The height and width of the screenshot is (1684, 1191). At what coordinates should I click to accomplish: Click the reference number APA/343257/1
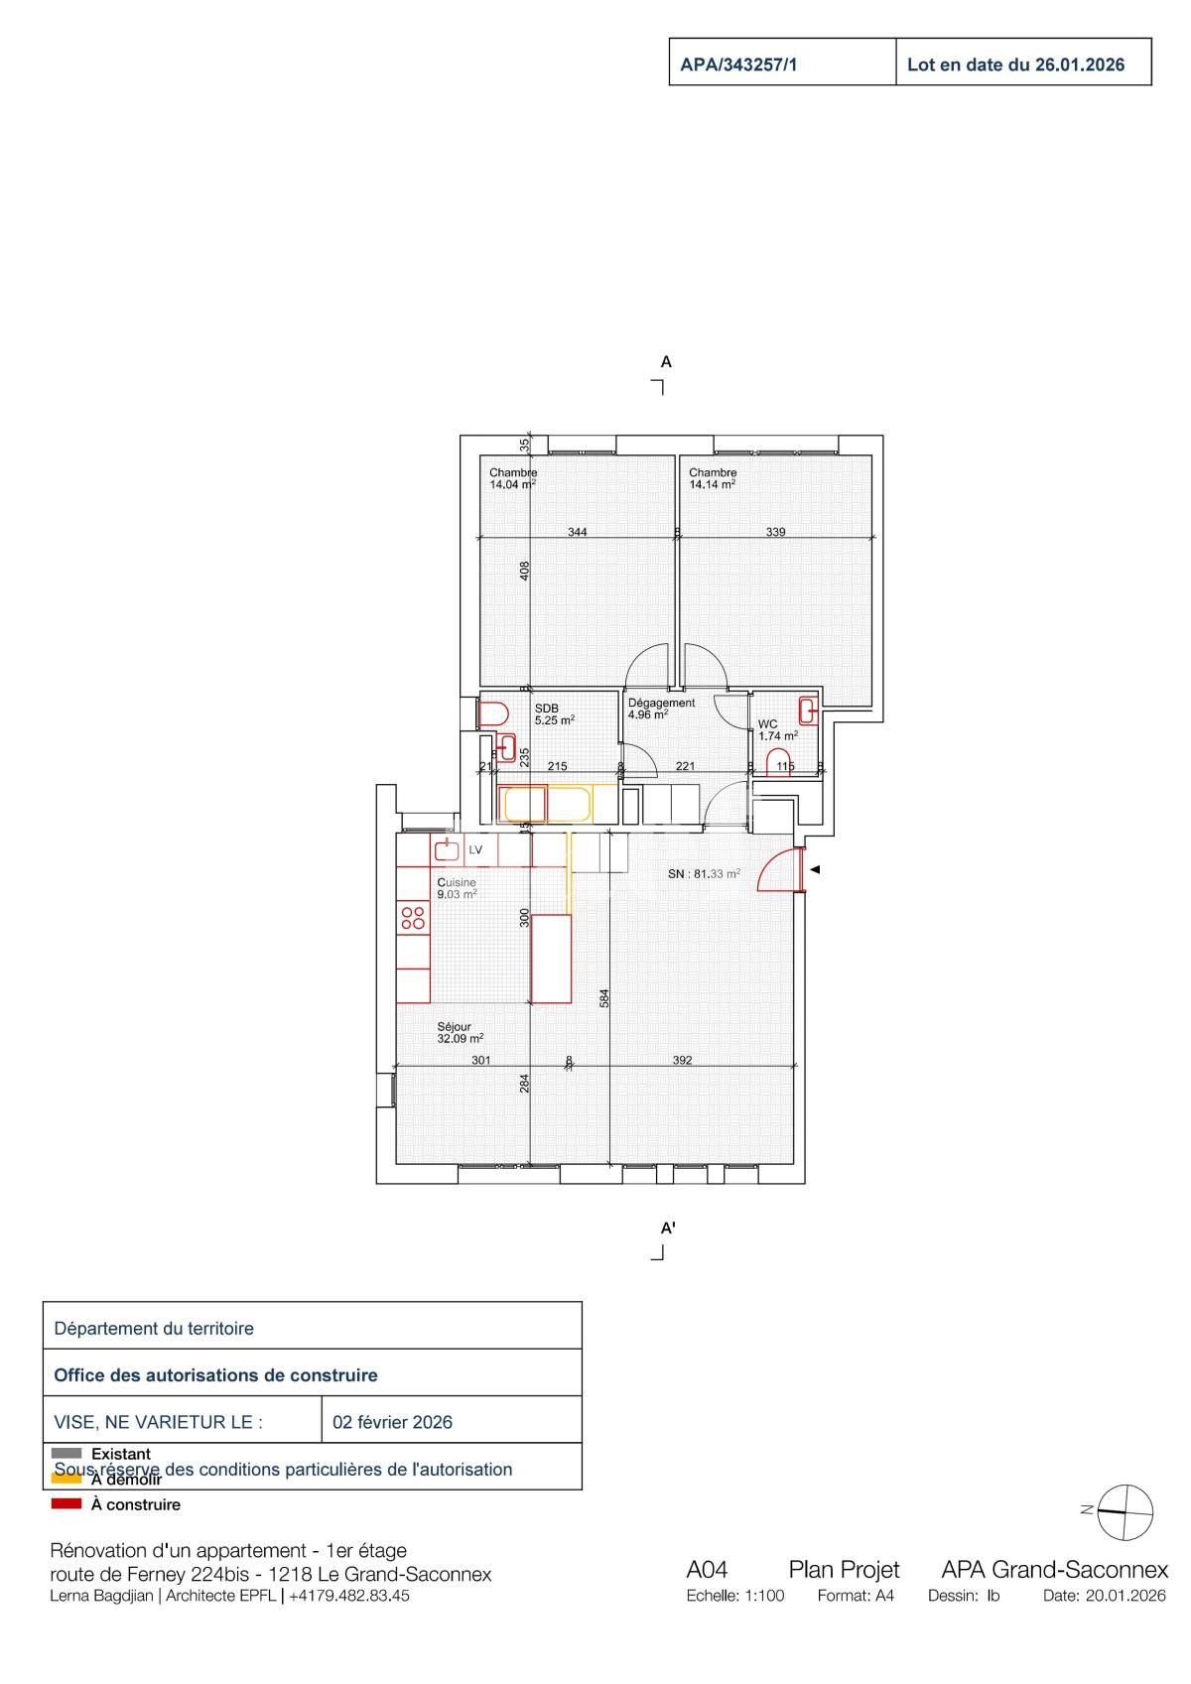(738, 65)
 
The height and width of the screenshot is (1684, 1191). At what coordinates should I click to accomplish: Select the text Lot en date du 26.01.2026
(1015, 65)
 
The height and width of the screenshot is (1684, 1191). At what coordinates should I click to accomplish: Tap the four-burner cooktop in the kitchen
(413, 917)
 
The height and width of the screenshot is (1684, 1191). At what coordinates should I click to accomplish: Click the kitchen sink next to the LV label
(447, 849)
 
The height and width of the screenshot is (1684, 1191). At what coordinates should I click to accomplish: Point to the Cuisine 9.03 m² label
(458, 888)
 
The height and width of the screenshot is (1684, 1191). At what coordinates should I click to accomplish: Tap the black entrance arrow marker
(815, 870)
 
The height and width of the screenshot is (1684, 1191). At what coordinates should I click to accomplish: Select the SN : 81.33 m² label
(704, 874)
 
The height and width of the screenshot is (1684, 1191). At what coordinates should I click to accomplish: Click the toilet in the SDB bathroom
(493, 713)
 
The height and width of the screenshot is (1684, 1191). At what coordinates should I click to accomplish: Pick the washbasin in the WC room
(809, 710)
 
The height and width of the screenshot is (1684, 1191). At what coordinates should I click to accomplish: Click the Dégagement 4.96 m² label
(661, 708)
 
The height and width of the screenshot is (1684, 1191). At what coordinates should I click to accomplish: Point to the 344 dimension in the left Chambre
(577, 532)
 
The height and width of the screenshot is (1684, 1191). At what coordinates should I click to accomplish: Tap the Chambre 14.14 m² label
(713, 479)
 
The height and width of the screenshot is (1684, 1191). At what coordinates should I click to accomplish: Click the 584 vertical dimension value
(604, 997)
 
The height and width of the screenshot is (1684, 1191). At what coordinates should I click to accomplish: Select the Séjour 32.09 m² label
(460, 1033)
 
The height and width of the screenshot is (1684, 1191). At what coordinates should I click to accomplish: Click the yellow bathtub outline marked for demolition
(546, 803)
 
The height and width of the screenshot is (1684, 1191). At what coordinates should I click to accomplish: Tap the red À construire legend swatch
(66, 1504)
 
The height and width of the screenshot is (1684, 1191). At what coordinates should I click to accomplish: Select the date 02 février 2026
(392, 1422)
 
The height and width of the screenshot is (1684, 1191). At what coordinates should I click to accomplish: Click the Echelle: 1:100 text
(734, 1597)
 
